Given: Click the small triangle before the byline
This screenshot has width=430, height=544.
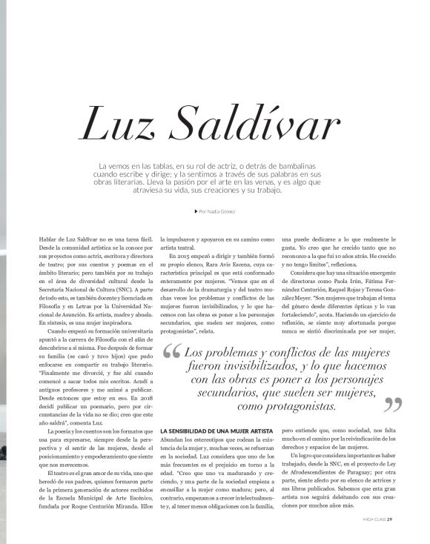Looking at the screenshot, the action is [x=194, y=211].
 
